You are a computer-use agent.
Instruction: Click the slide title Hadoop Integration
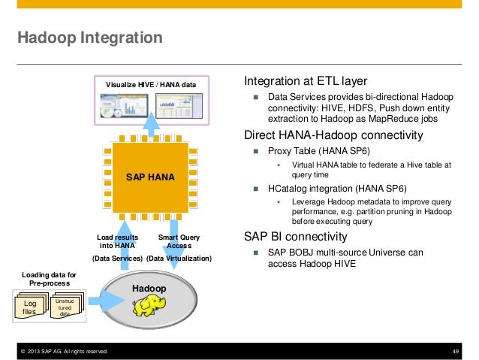[89, 37]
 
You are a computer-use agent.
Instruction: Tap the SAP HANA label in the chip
[149, 178]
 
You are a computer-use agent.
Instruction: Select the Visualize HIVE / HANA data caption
[150, 84]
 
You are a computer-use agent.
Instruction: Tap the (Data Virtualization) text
[179, 259]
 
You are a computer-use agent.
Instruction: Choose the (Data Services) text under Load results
[117, 259]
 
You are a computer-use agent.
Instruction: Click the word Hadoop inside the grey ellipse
[149, 289]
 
